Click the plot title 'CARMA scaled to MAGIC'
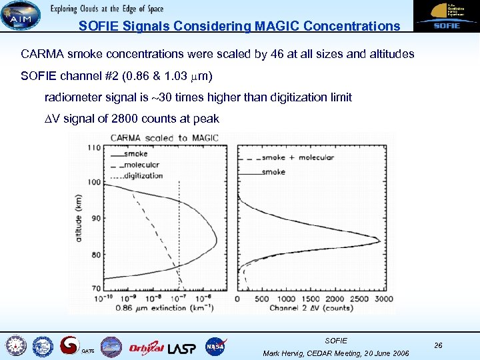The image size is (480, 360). tap(164, 138)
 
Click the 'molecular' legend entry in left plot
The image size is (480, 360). tap(141, 165)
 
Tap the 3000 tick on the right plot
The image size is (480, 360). tap(383, 299)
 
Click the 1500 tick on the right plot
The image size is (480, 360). tap(311, 299)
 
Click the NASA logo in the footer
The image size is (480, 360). tap(216, 346)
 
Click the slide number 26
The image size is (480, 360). tap(438, 345)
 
